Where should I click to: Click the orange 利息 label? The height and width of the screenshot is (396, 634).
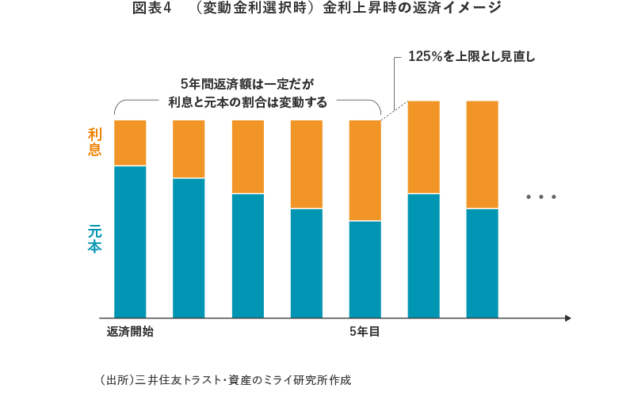point(95,143)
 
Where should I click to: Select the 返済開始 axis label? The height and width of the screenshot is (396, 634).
point(130,332)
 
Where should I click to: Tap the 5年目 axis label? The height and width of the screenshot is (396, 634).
point(365,332)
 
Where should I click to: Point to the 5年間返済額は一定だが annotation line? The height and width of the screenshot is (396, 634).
point(247,84)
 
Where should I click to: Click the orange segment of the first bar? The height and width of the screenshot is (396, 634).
point(130,143)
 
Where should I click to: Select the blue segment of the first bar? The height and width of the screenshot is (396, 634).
point(130,242)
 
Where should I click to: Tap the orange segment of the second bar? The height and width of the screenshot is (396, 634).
point(189,149)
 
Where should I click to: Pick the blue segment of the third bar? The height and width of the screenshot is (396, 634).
point(247,255)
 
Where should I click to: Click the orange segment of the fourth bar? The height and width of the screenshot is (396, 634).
point(306,164)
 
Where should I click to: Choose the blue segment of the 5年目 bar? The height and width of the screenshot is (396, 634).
point(365,269)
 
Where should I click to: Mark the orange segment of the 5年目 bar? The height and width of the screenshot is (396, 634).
point(365,170)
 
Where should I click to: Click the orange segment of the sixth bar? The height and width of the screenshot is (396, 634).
point(423,147)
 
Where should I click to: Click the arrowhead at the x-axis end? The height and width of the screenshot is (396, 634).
point(567,318)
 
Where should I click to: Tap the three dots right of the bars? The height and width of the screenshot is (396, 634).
point(541,196)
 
